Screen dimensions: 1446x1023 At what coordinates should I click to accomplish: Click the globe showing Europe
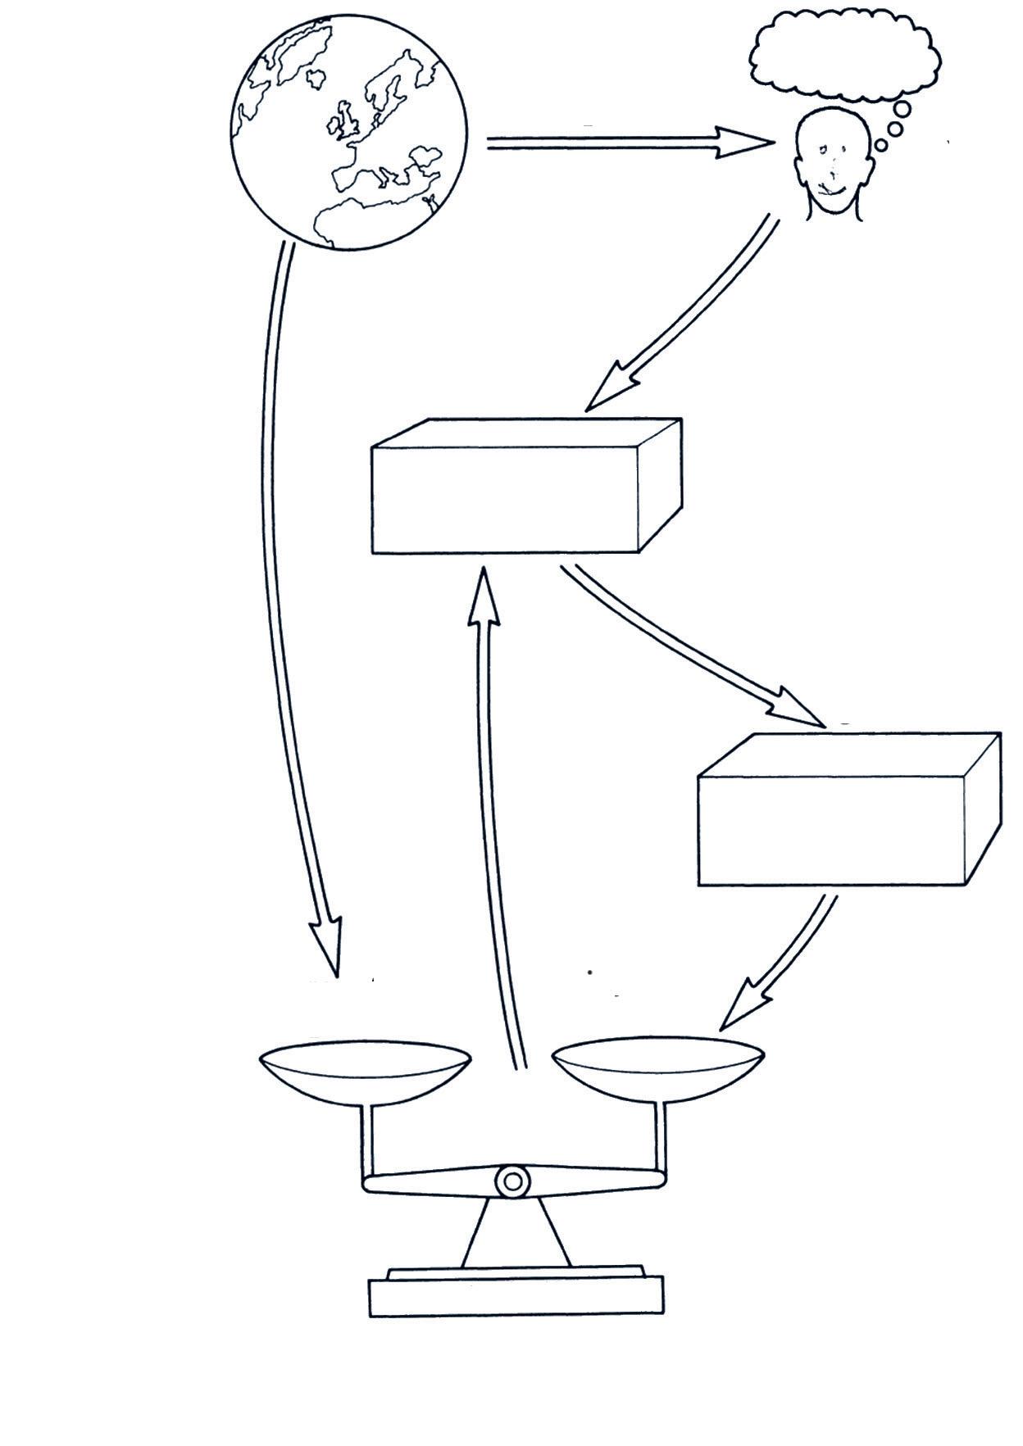348,132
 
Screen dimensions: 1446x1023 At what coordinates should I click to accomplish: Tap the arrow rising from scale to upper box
497,819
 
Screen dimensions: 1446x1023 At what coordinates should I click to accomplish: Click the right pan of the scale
658,1069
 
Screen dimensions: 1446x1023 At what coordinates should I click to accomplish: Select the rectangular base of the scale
516,1296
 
